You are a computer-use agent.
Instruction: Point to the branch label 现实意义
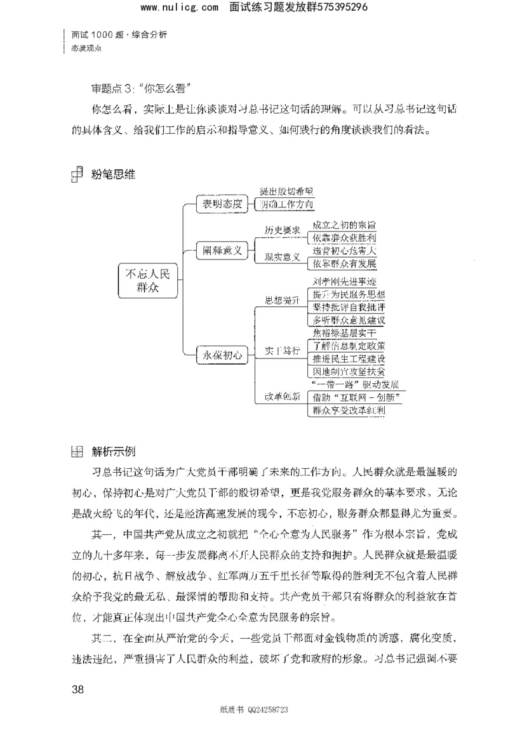point(283,259)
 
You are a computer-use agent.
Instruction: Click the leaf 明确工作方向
point(286,205)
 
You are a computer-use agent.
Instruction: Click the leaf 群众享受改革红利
point(349,410)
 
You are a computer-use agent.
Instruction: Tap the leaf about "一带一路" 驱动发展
point(354,385)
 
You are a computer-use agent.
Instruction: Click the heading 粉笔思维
point(114,173)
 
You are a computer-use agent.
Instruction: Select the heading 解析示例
point(113,452)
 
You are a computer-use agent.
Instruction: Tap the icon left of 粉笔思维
point(77,173)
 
